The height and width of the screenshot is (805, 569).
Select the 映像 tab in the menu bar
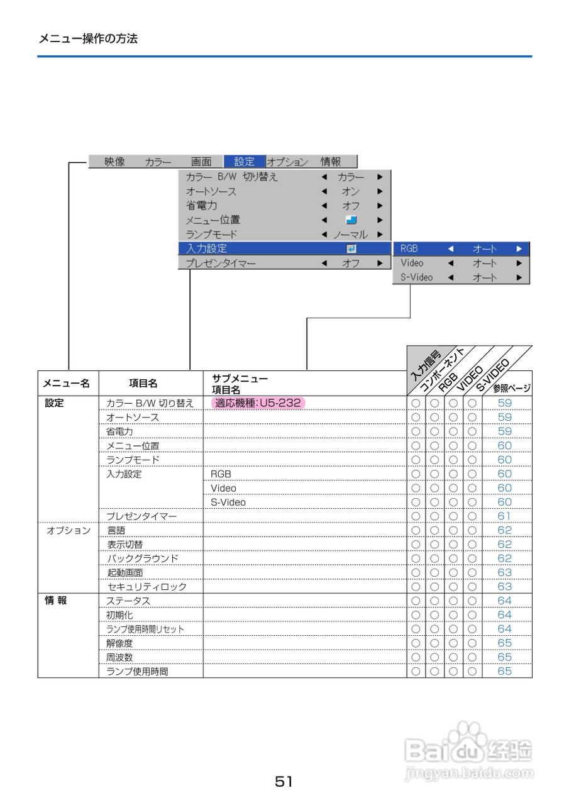click(x=114, y=162)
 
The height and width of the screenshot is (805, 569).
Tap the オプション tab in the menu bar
click(x=287, y=162)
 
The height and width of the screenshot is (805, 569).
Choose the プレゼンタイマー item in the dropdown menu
click(x=221, y=264)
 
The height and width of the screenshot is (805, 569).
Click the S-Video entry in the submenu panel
click(x=416, y=277)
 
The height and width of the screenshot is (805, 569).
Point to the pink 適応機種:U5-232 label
click(x=258, y=402)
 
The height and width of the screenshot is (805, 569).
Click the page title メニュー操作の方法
click(x=88, y=38)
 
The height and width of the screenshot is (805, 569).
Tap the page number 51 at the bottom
click(x=284, y=782)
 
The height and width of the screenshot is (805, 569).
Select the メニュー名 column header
click(x=66, y=382)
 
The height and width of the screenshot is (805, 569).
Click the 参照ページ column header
click(x=511, y=387)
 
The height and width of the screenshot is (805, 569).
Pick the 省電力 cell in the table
click(x=119, y=431)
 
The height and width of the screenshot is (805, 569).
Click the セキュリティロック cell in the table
click(x=147, y=587)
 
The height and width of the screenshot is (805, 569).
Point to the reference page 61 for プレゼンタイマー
click(x=505, y=516)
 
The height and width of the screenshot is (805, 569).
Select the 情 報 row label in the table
click(x=56, y=601)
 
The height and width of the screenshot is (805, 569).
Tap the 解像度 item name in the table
click(x=119, y=643)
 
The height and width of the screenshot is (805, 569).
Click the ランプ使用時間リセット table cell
click(x=145, y=629)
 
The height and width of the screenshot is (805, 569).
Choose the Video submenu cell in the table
click(x=224, y=488)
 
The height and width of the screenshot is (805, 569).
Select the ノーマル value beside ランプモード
click(x=350, y=235)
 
